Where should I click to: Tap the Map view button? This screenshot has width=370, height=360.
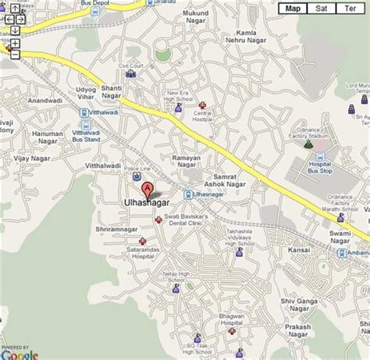tap(294, 9)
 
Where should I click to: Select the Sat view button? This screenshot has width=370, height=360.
tap(321, 9)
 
